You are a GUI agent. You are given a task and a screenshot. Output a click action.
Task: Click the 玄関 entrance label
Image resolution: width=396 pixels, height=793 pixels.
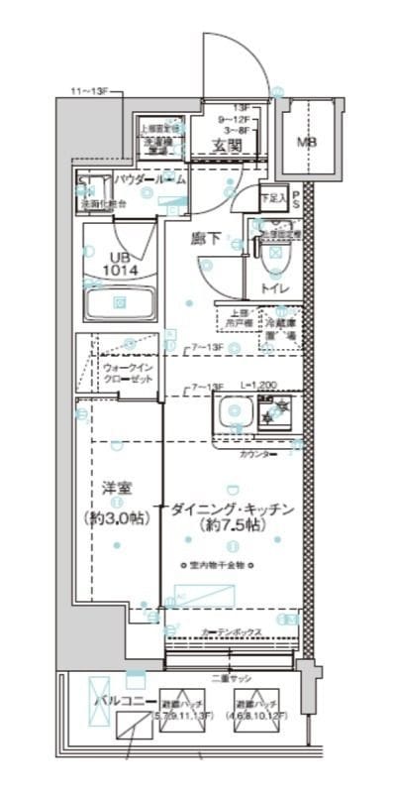pyautogui.click(x=227, y=146)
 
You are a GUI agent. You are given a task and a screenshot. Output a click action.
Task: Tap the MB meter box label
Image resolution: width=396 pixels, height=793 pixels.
pyautogui.click(x=309, y=142)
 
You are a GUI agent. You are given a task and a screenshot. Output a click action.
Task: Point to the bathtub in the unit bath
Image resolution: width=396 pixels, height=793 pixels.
pyautogui.click(x=119, y=301)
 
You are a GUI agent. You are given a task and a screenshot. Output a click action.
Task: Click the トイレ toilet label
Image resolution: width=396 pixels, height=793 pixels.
pyautogui.click(x=274, y=287)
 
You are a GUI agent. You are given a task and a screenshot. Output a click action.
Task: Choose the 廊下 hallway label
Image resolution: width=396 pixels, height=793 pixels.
pyautogui.click(x=205, y=238)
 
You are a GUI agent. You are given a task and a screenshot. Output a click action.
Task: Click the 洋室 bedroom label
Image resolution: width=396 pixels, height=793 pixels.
pyautogui.click(x=117, y=488)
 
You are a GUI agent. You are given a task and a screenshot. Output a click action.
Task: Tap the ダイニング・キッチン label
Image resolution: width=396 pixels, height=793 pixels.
pyautogui.click(x=230, y=510)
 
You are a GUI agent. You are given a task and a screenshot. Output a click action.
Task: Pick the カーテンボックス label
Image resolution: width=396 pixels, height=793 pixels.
pyautogui.click(x=233, y=630)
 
